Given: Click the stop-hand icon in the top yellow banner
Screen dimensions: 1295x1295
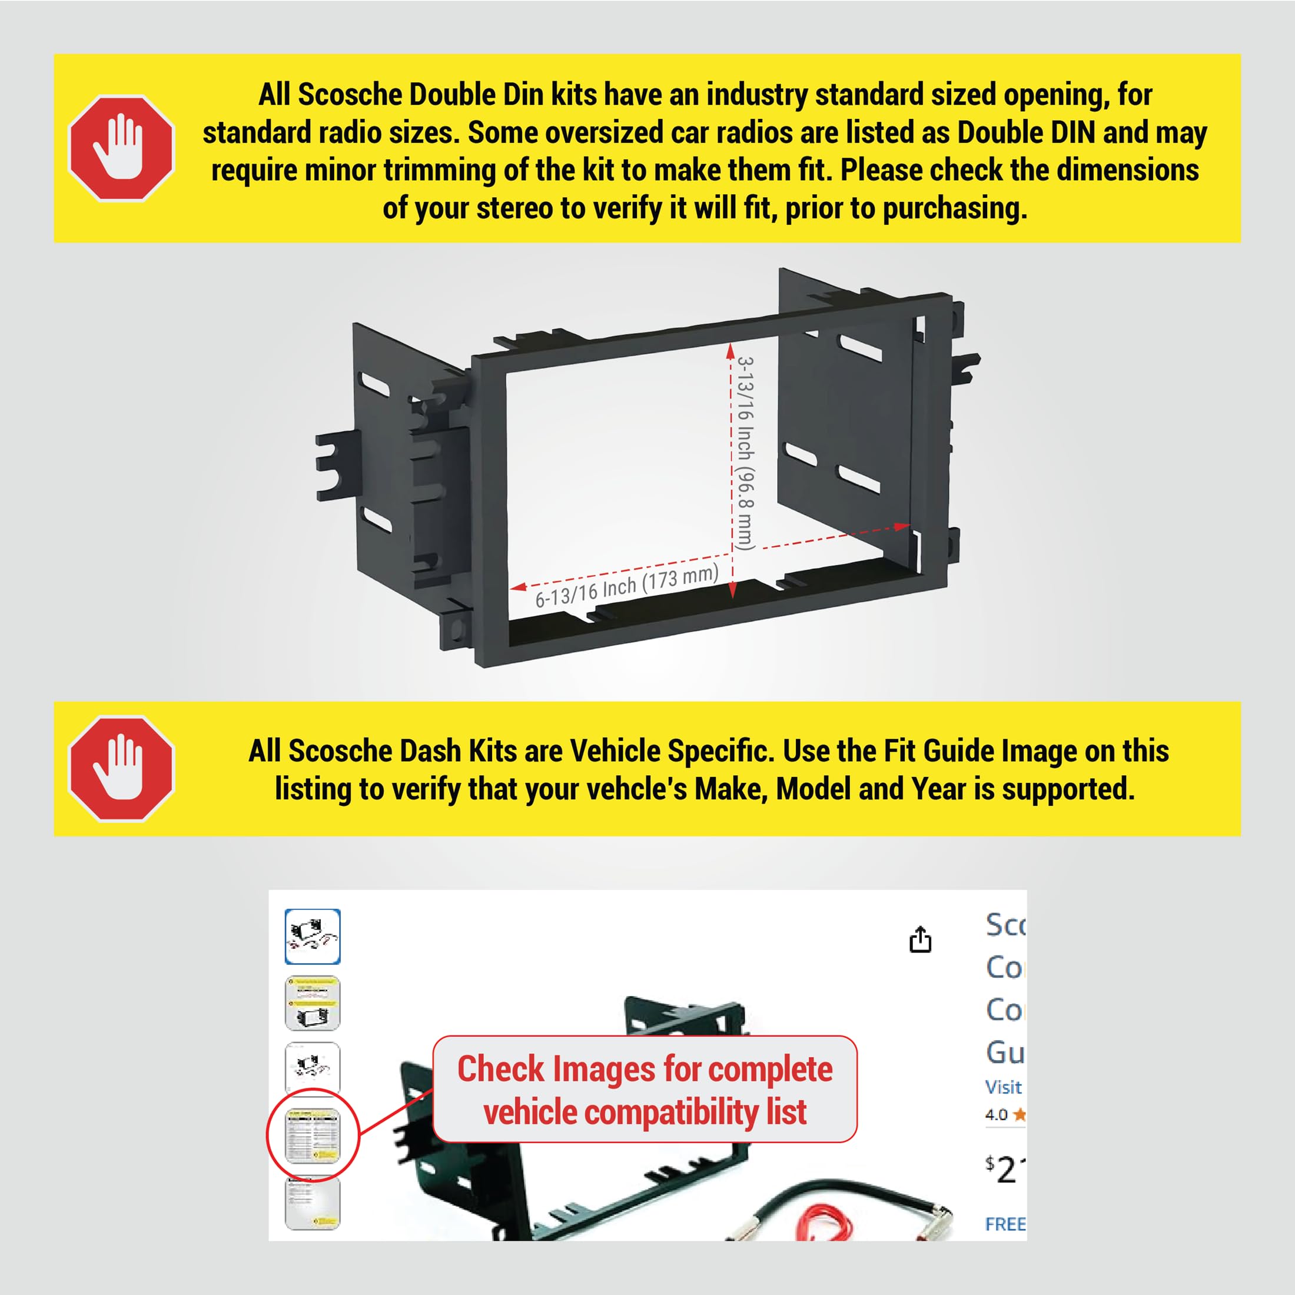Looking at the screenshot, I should (x=121, y=148).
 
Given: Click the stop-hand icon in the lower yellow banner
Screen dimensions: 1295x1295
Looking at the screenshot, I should (x=121, y=769).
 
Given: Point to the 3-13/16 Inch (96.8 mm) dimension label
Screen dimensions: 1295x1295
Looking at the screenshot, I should (x=746, y=453).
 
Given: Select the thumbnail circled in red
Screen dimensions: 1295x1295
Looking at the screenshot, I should (x=313, y=1135).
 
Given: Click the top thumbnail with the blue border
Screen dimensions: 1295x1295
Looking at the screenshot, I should (x=313, y=937).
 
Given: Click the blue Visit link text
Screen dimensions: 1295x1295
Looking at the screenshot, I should (x=1004, y=1087).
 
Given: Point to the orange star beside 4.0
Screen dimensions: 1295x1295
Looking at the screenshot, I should (x=1020, y=1115).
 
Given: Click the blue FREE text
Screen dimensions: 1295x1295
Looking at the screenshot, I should (x=1005, y=1224).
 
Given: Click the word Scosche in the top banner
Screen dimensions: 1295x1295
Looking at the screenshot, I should (x=350, y=95).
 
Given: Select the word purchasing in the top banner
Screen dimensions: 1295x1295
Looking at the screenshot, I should (x=955, y=208).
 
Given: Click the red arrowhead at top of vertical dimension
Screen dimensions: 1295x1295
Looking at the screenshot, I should (x=730, y=351).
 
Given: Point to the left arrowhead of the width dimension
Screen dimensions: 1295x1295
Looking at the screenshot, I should (x=518, y=587).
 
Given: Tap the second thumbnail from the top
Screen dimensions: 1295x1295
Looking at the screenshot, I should (x=313, y=1004).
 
